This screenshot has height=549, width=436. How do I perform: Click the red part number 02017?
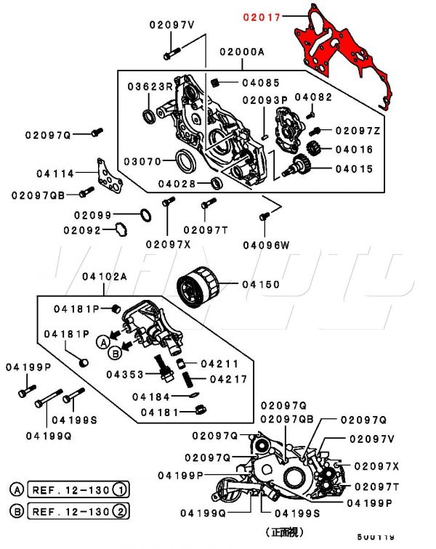tap(261, 15)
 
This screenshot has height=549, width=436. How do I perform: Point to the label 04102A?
tap(104, 277)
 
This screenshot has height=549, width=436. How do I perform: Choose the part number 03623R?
tap(151, 86)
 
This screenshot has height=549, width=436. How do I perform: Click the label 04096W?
tap(266, 245)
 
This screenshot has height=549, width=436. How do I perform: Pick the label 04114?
tap(55, 174)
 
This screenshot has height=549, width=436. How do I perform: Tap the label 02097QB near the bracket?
tap(39, 195)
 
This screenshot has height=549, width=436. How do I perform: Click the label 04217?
tap(229, 379)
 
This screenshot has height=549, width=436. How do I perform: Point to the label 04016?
tap(354, 150)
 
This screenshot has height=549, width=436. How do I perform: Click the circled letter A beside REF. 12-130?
tap(17, 489)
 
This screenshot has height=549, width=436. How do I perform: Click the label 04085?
tap(261, 83)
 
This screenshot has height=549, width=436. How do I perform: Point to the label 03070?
tap(141, 161)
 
